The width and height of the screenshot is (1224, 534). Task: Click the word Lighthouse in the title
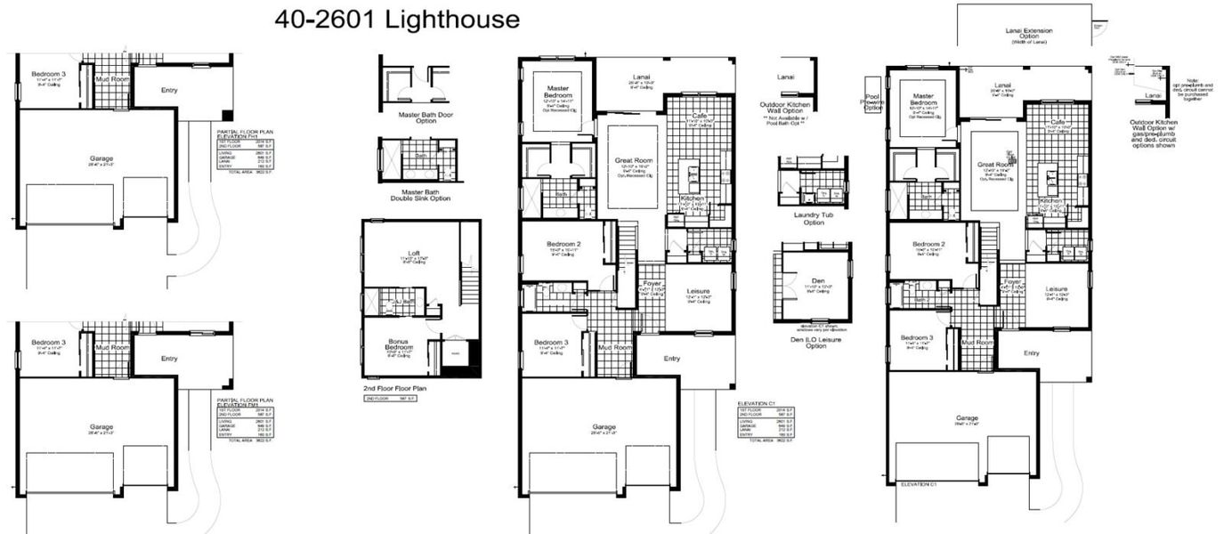pos(454,19)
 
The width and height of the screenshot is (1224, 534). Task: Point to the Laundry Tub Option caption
pos(802,219)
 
